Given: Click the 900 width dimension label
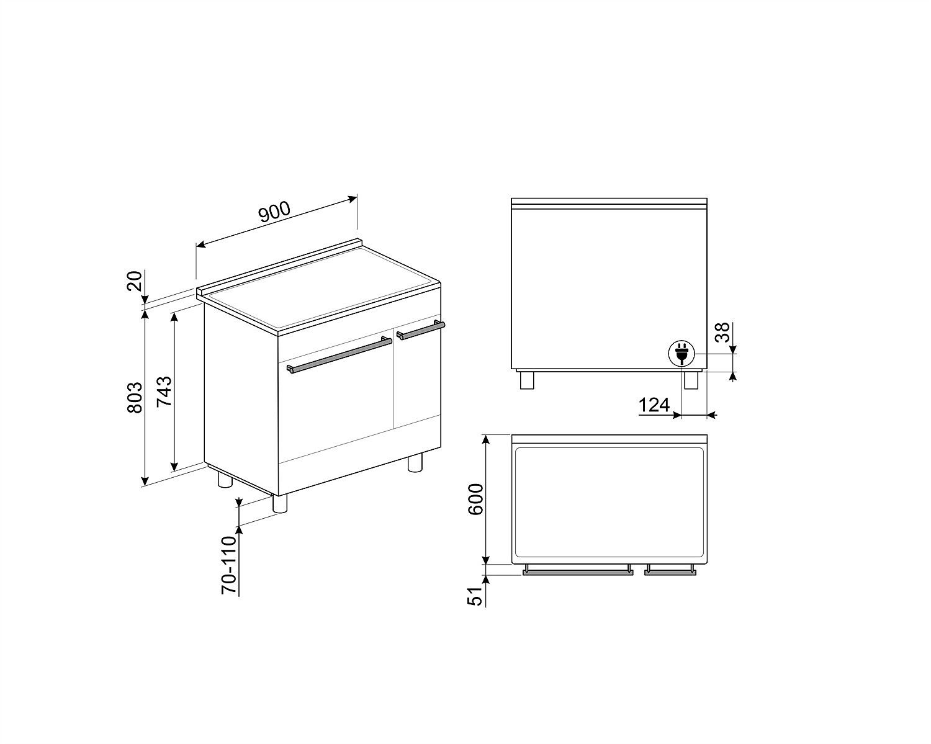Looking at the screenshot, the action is coord(275,212).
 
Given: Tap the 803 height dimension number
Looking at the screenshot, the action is coord(135,398).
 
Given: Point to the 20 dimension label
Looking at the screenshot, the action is coord(135,281).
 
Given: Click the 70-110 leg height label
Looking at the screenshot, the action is coord(229,565).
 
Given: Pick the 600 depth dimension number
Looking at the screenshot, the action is coord(476,499).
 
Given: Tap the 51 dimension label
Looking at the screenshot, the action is coord(475,596).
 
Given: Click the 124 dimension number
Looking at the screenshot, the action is coord(654,405).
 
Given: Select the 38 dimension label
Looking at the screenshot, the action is coord(722,332).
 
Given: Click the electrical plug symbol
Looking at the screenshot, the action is coord(682,354).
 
